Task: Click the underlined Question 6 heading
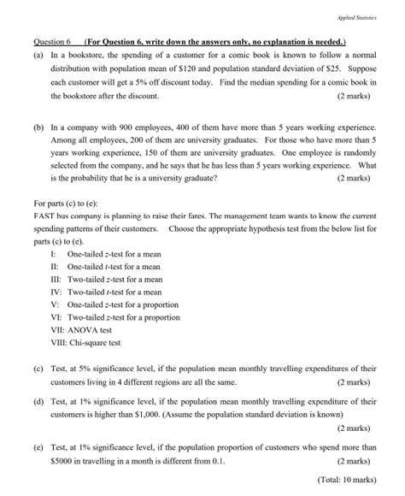click(52, 42)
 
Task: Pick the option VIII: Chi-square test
click(91, 343)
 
